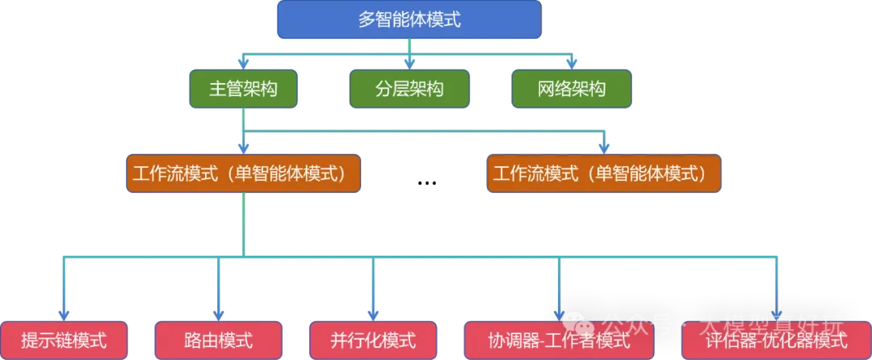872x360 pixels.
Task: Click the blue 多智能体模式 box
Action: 409,20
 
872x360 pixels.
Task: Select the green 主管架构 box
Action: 243,89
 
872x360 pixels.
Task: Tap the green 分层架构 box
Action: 409,89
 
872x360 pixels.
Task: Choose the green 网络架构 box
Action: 572,89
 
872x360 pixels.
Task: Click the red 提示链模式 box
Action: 64,340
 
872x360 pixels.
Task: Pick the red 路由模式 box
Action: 218,340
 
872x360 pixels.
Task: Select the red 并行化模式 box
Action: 373,340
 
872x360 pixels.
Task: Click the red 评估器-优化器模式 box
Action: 776,340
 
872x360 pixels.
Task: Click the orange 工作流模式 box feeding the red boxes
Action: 243,173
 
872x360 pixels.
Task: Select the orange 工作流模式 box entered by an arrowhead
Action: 604,173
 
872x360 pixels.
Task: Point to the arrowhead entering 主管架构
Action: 243,63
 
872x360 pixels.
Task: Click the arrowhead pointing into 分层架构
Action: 409,63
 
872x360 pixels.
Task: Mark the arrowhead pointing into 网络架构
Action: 572,63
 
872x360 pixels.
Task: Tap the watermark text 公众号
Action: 638,325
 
